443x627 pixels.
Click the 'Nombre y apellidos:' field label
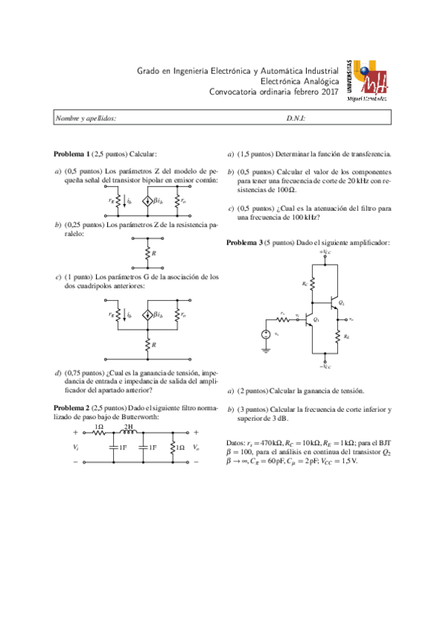coord(87,118)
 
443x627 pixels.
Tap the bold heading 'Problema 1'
coord(72,154)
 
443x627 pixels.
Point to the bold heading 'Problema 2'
coord(72,407)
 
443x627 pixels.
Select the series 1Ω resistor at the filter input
coord(98,433)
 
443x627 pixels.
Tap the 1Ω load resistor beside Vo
coord(172,447)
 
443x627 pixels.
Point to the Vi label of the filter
coord(76,447)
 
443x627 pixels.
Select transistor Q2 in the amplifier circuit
coord(334,303)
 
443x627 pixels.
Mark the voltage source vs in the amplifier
coord(266,334)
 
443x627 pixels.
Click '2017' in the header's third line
coord(327,92)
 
